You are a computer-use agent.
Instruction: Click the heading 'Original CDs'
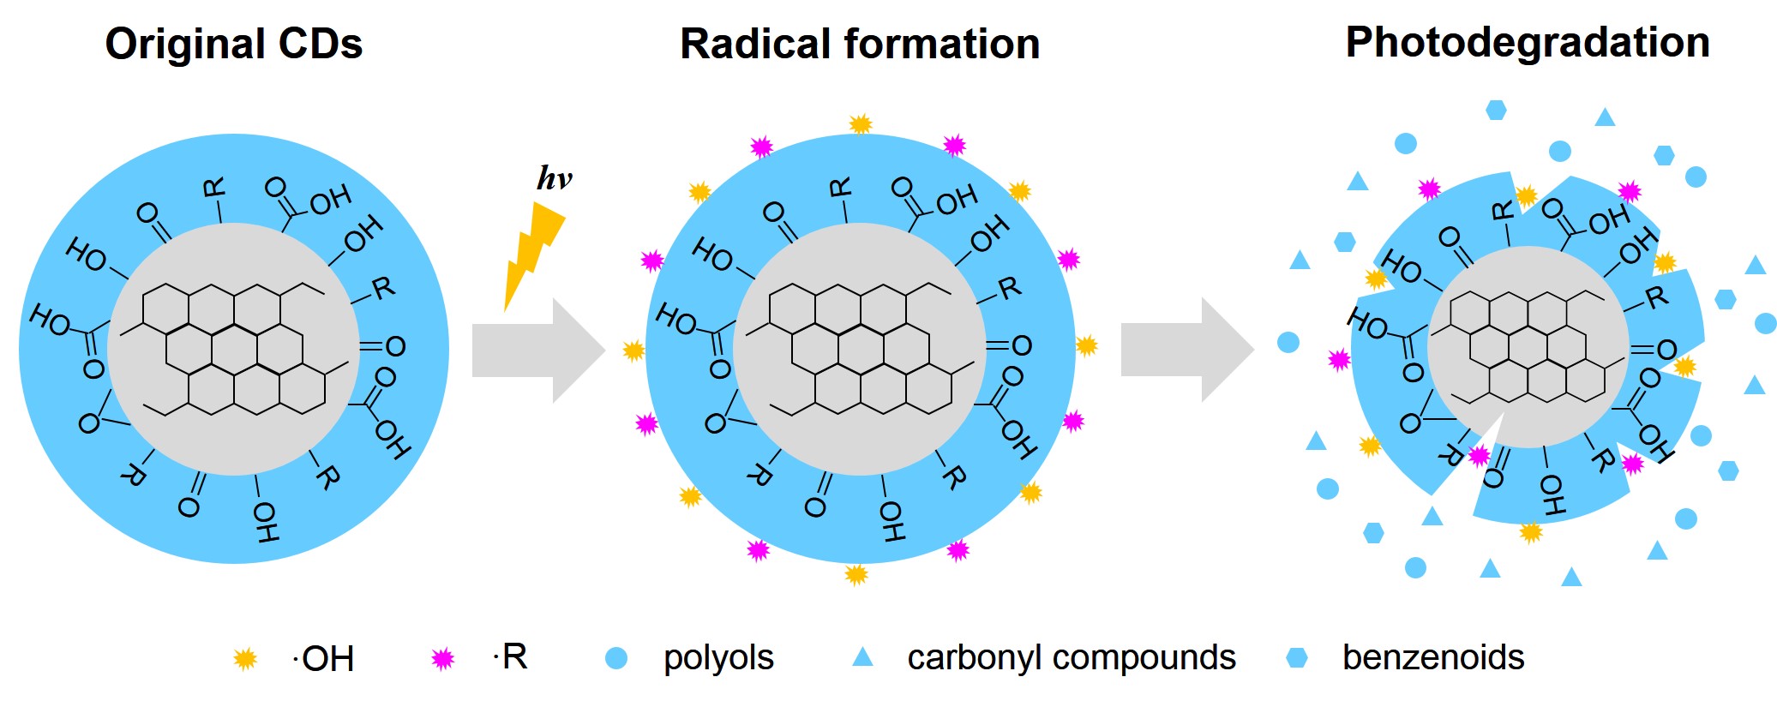pyautogui.click(x=233, y=44)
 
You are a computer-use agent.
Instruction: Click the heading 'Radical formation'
pyautogui.click(x=860, y=44)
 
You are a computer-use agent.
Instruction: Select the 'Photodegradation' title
pyautogui.click(x=1528, y=42)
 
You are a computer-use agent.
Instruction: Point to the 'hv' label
pyautogui.click(x=554, y=178)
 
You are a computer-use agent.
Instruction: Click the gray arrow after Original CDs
pyautogui.click(x=537, y=350)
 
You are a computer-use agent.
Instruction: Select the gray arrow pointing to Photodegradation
pyautogui.click(x=1186, y=350)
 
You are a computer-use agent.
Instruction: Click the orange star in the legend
pyautogui.click(x=245, y=659)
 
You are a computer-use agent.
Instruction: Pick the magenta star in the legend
pyautogui.click(x=442, y=658)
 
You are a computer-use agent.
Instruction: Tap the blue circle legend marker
pyautogui.click(x=616, y=658)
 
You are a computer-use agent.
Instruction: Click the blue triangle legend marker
pyautogui.click(x=862, y=657)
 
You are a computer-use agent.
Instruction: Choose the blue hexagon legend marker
pyautogui.click(x=1297, y=658)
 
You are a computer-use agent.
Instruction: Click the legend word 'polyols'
pyautogui.click(x=718, y=658)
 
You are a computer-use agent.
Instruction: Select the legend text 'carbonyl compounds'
pyautogui.click(x=1072, y=658)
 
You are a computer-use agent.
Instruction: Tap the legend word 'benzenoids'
pyautogui.click(x=1433, y=658)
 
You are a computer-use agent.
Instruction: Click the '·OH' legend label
pyautogui.click(x=323, y=659)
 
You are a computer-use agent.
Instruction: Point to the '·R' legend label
pyautogui.click(x=511, y=657)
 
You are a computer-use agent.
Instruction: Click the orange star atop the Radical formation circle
pyautogui.click(x=861, y=124)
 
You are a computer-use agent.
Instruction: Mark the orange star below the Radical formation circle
pyautogui.click(x=856, y=574)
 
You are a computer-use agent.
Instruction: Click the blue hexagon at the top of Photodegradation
pyautogui.click(x=1496, y=110)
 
